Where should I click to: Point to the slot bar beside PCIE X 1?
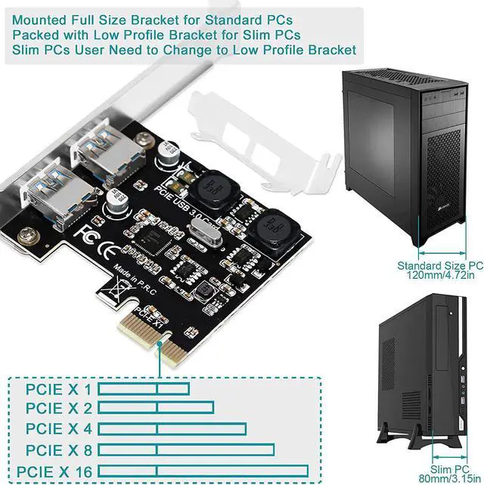[x=144, y=389]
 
